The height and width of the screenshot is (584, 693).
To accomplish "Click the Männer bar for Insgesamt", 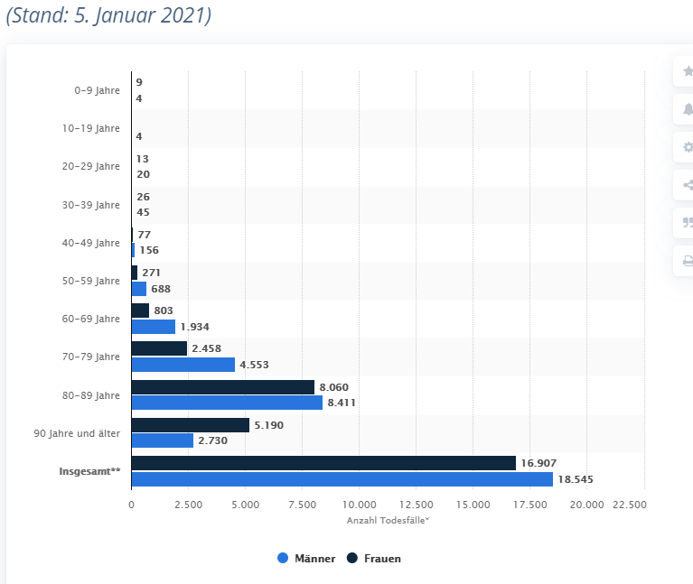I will [x=342, y=479].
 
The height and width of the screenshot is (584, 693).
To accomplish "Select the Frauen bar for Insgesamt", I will [x=323, y=463].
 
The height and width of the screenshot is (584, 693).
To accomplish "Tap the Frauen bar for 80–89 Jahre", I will [x=222, y=387].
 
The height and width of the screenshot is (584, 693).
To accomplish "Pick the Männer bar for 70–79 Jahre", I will [x=183, y=365].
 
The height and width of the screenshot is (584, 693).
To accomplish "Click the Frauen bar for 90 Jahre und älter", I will [x=190, y=424].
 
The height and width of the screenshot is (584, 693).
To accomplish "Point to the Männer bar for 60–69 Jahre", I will [x=153, y=327].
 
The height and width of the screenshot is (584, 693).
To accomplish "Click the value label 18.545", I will [x=576, y=479].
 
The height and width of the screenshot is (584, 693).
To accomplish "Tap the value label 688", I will [x=161, y=289].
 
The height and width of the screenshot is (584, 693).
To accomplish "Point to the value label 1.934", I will [x=194, y=327].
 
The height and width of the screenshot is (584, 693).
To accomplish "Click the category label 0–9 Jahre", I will [x=97, y=90].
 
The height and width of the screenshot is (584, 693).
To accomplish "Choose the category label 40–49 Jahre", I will [x=90, y=243].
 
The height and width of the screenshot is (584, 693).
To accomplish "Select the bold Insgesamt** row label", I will [x=89, y=471].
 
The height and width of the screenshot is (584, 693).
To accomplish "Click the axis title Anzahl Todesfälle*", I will [x=388, y=521].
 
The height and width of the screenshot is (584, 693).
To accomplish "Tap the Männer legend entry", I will [x=306, y=559].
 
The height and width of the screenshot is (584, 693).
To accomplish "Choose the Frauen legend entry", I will [x=374, y=559].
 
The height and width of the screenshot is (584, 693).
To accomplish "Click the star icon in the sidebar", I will [x=688, y=71].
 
